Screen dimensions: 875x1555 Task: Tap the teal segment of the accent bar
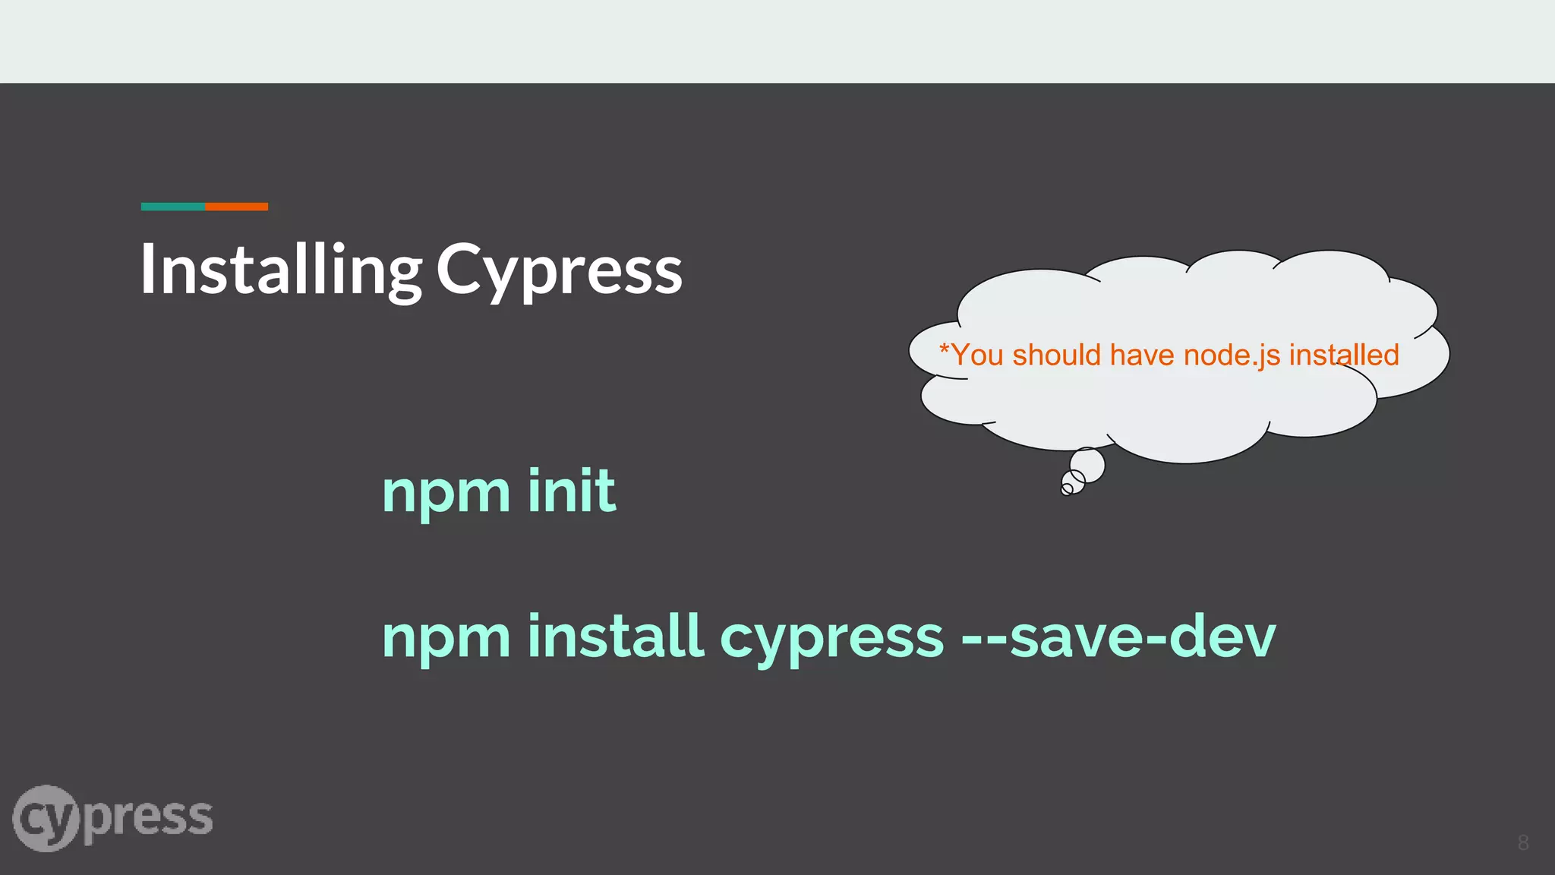click(173, 207)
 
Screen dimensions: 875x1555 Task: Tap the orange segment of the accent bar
click(237, 207)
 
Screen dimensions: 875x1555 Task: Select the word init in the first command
click(571, 491)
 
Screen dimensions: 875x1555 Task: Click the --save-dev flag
click(1118, 637)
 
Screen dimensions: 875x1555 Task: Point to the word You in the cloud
click(977, 355)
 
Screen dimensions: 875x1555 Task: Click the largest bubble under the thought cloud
click(1087, 465)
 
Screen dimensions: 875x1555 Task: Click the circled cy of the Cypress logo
click(46, 819)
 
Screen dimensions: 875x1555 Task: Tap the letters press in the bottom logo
click(148, 819)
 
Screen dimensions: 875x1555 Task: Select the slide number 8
click(1523, 842)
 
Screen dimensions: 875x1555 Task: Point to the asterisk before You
click(945, 349)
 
